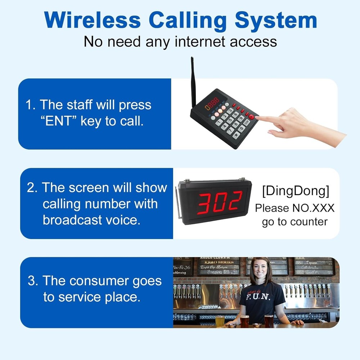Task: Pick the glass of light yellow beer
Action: tap(220, 320)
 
